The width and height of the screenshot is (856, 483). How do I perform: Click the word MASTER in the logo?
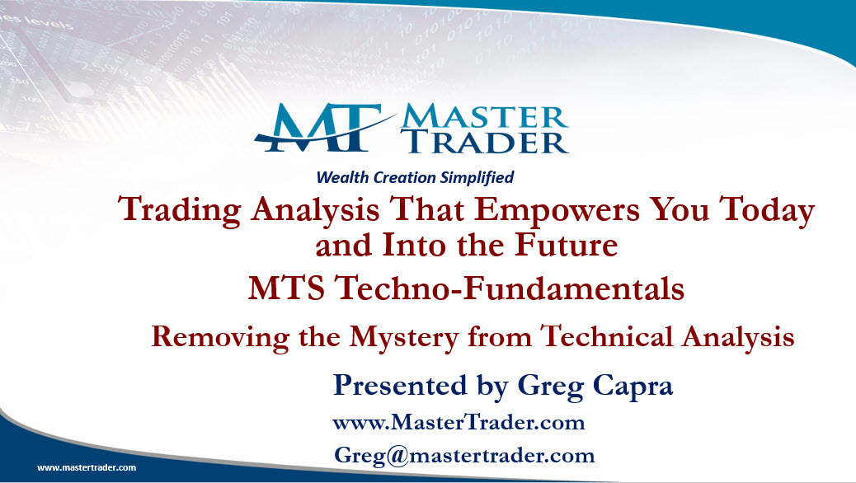point(485,117)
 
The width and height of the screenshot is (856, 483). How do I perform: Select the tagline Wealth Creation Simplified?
point(415,177)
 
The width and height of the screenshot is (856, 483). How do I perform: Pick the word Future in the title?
point(566,245)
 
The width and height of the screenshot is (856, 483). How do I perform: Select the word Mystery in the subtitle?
point(404,337)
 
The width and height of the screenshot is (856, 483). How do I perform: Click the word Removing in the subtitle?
point(220,337)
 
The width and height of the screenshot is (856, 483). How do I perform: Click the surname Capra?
point(633,387)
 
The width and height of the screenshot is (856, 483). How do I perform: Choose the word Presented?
point(400,385)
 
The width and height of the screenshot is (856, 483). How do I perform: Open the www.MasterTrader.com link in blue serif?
point(459,423)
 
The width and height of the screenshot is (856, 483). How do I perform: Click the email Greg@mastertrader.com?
point(464,456)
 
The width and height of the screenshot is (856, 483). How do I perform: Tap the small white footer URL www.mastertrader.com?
point(87,467)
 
